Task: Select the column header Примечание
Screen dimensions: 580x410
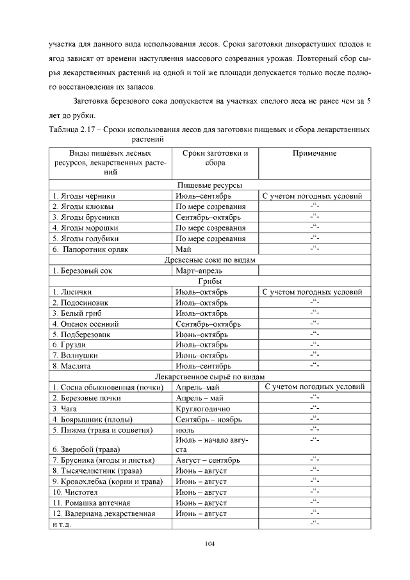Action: (x=315, y=154)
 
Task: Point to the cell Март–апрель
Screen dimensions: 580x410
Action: (x=196, y=270)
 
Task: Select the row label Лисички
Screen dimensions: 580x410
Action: (x=72, y=292)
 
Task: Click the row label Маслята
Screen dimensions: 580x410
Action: (x=72, y=366)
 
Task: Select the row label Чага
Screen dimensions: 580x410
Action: (x=65, y=408)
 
